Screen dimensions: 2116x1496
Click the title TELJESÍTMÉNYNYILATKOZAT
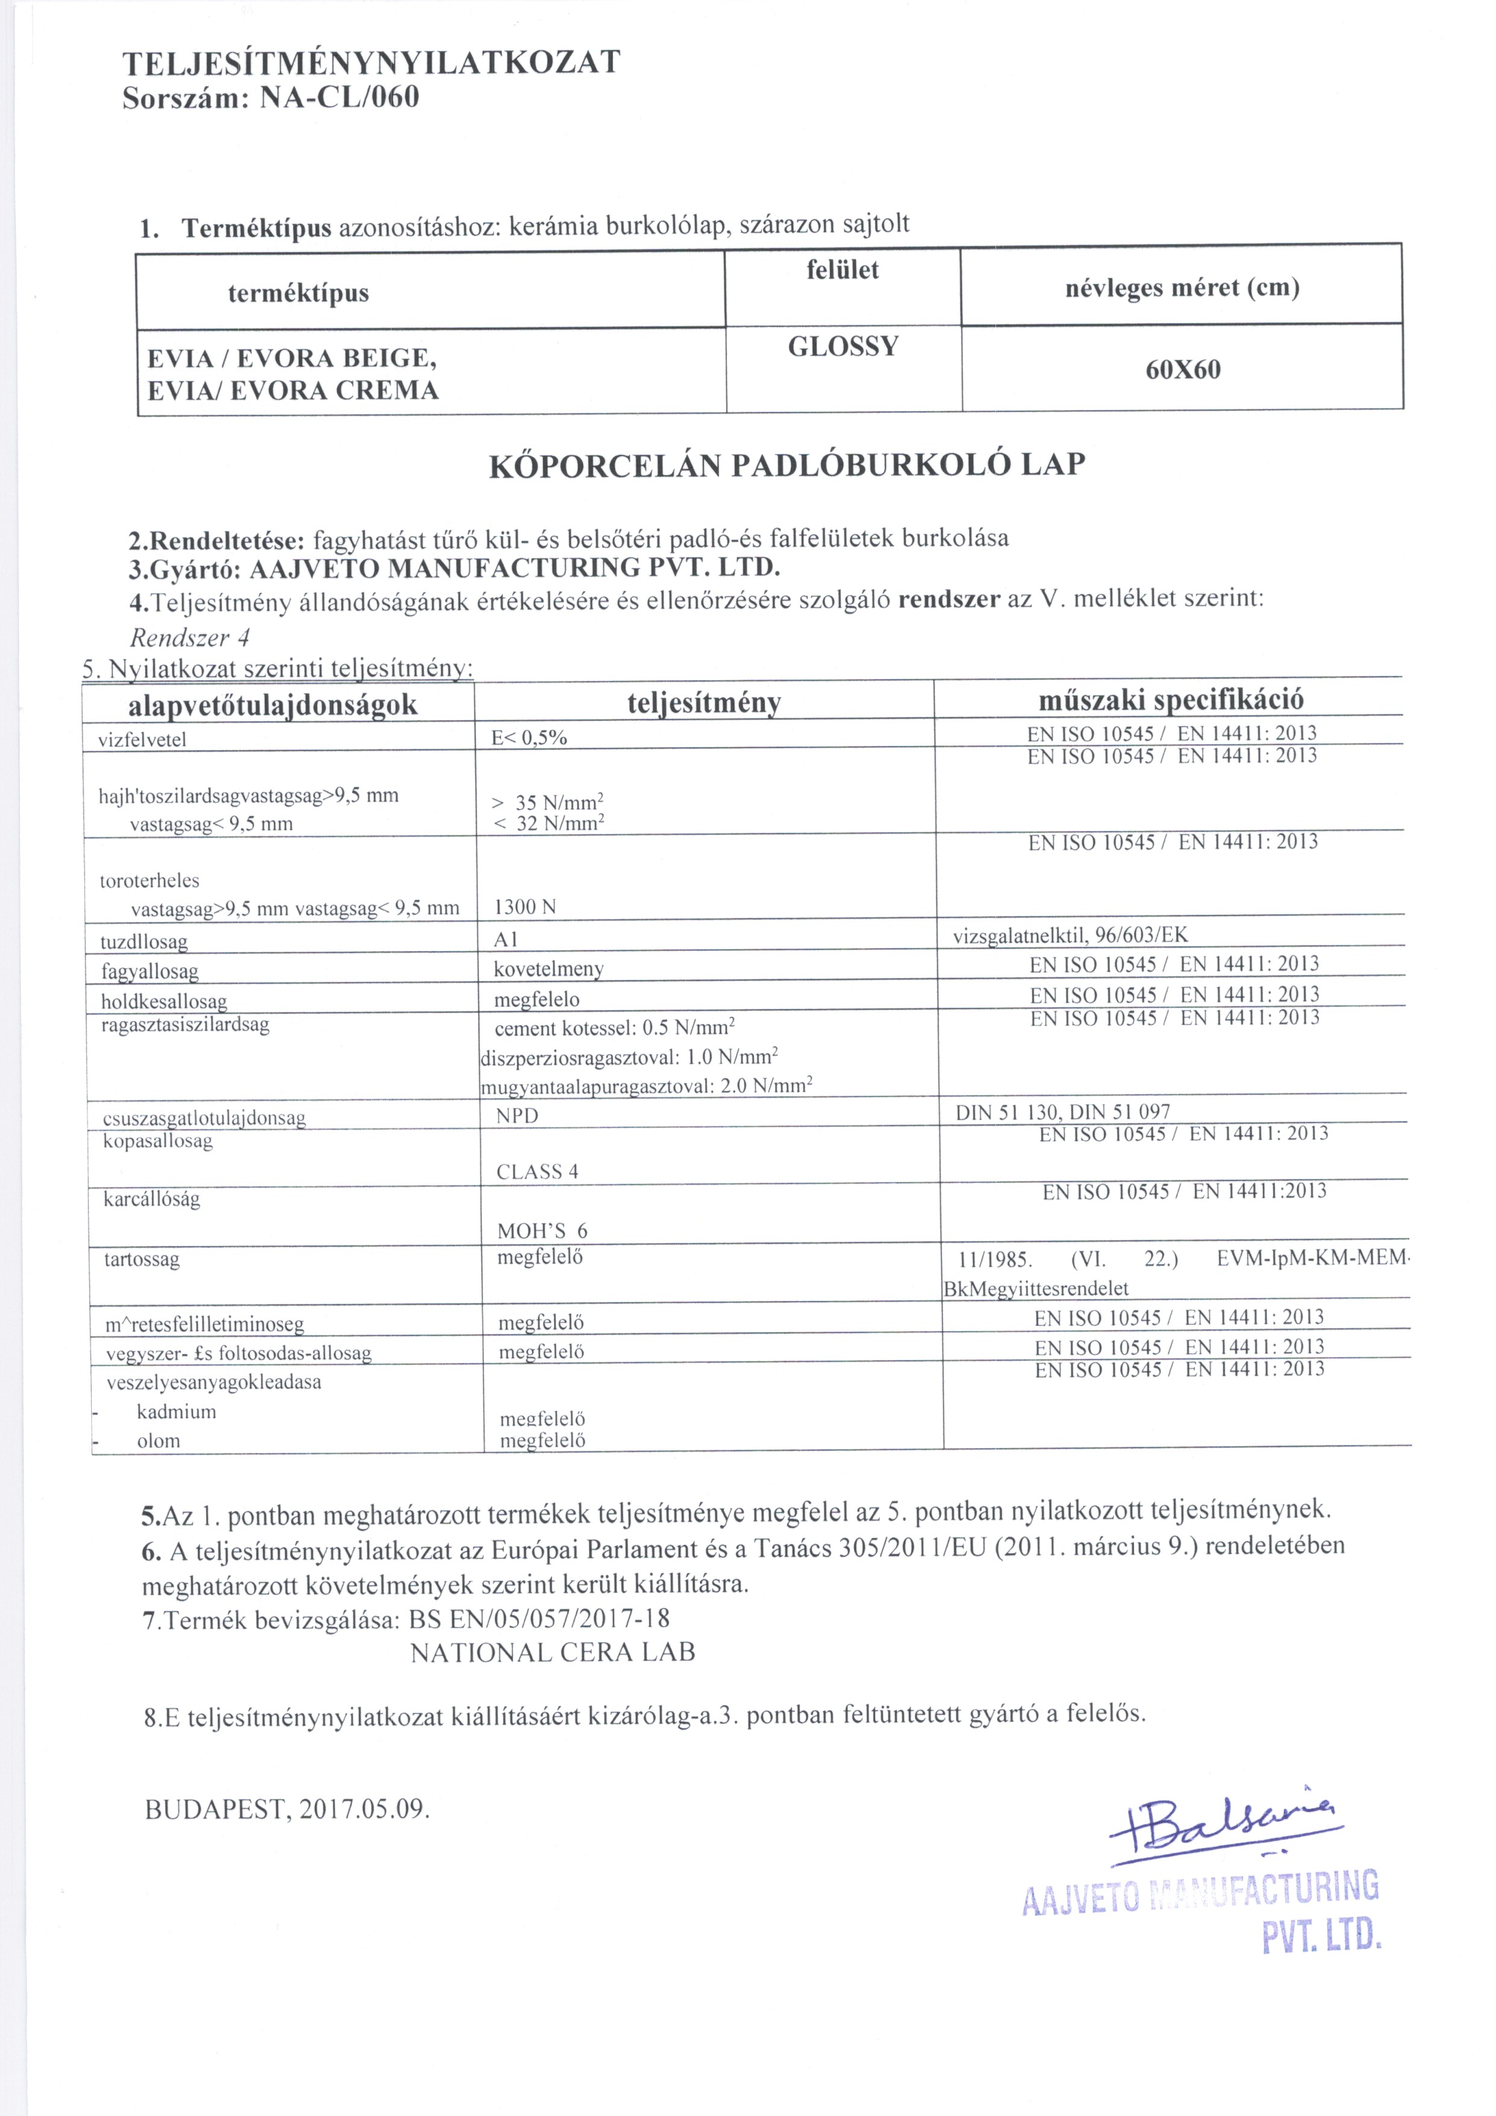tap(372, 63)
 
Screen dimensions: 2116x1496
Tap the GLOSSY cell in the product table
tap(843, 347)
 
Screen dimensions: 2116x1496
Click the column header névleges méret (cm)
tap(1182, 288)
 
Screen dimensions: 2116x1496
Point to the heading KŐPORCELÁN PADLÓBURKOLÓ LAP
tap(786, 464)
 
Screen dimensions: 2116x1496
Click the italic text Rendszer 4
tap(190, 637)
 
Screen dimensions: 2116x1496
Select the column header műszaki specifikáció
tap(1171, 700)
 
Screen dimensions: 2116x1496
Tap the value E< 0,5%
tap(529, 737)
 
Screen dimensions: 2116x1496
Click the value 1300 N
tap(525, 907)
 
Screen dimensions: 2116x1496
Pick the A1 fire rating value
tap(506, 938)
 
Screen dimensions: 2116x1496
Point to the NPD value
tap(516, 1116)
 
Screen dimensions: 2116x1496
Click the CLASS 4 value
tap(537, 1172)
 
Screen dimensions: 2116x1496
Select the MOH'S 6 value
tap(542, 1231)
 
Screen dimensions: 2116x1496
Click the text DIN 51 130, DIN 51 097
tap(1063, 1112)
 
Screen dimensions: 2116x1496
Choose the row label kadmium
tap(176, 1412)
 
